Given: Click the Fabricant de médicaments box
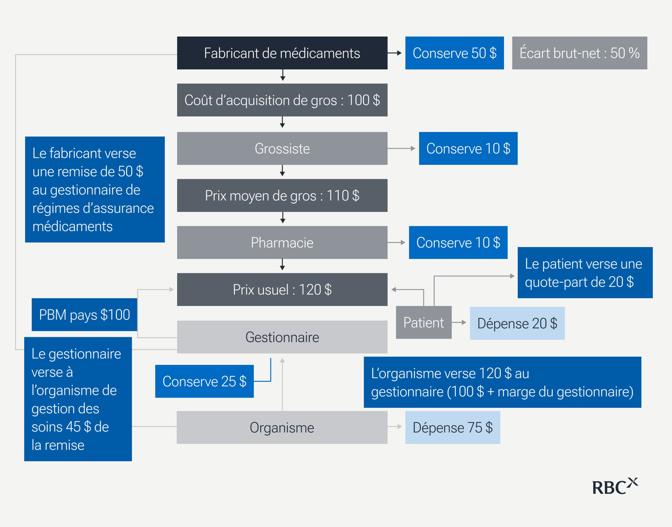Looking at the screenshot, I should click(x=282, y=53).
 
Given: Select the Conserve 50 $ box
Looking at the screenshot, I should click(x=454, y=53).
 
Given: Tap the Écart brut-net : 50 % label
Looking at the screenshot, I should click(x=579, y=53).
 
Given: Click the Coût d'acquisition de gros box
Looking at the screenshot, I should click(x=282, y=100).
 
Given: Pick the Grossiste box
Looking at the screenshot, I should click(x=282, y=148).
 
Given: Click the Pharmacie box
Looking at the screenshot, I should click(x=282, y=243).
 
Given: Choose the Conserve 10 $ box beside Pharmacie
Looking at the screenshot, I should click(x=458, y=243).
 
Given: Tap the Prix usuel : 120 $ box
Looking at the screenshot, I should click(x=282, y=289).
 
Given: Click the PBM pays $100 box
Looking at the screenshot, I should click(x=84, y=315).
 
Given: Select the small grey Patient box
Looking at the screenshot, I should click(x=423, y=322).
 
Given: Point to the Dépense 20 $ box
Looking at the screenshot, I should click(x=517, y=323).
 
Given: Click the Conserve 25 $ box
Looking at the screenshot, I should click(x=204, y=381).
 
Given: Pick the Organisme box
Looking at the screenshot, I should click(x=282, y=428).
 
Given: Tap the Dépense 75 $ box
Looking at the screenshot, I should click(x=452, y=428).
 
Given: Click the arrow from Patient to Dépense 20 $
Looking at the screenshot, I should click(x=459, y=322).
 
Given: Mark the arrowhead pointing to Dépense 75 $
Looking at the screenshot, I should click(x=400, y=427).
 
